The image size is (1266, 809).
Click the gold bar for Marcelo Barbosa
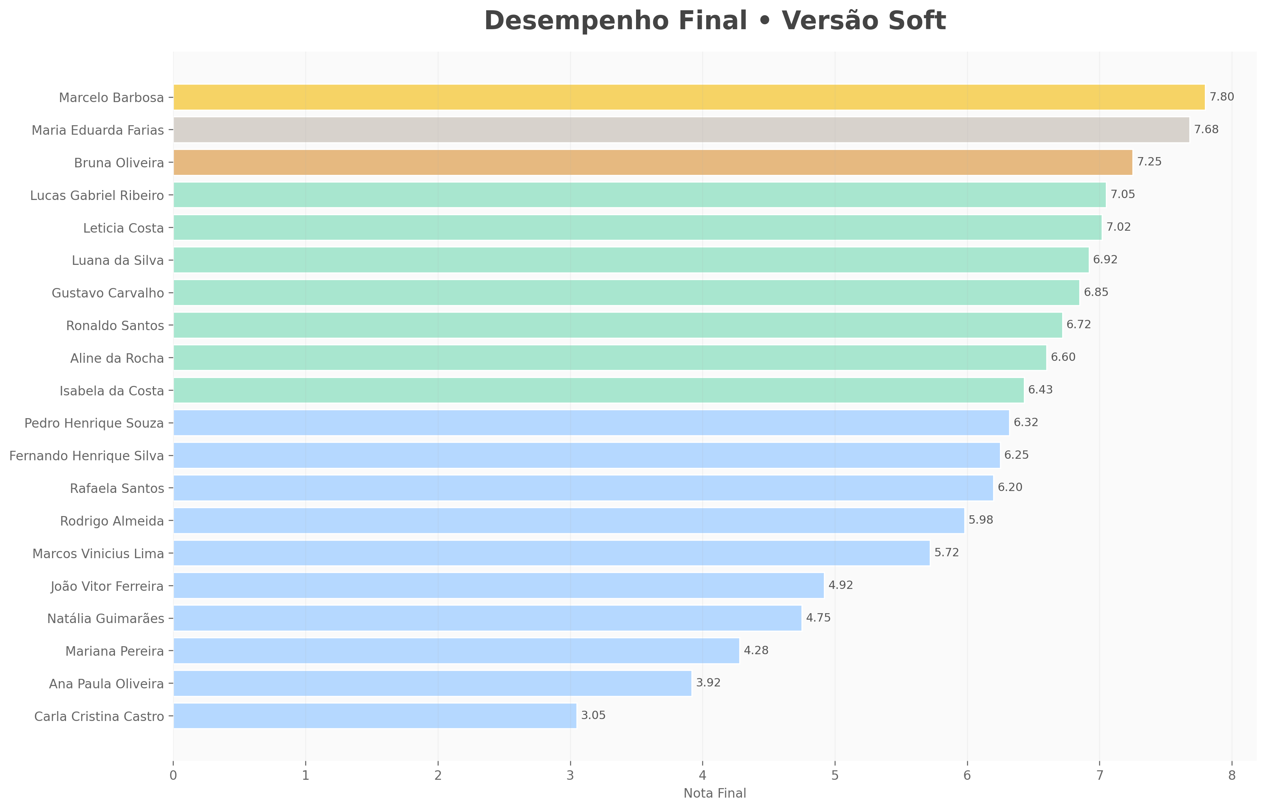pyautogui.click(x=689, y=97)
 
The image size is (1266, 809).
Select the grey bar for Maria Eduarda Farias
pyautogui.click(x=681, y=130)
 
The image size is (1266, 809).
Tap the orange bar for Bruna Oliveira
pyautogui.click(x=652, y=162)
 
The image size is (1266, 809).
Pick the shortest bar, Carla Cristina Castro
pyautogui.click(x=375, y=716)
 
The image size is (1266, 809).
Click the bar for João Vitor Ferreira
pyautogui.click(x=498, y=586)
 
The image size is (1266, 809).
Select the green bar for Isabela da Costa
pyautogui.click(x=598, y=390)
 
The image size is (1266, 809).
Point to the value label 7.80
pyautogui.click(x=1221, y=97)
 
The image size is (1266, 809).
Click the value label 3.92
pyautogui.click(x=708, y=683)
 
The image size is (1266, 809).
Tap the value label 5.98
pyautogui.click(x=981, y=520)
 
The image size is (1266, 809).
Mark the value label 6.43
pyautogui.click(x=1041, y=390)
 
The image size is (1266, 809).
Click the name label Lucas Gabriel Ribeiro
pyautogui.click(x=97, y=195)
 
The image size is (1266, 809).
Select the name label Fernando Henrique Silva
pyautogui.click(x=87, y=456)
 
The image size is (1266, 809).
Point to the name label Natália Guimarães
pyautogui.click(x=106, y=619)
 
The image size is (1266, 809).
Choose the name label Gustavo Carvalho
pyautogui.click(x=108, y=293)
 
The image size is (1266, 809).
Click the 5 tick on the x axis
pyautogui.click(x=835, y=776)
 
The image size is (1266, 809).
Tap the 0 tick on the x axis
pyautogui.click(x=173, y=776)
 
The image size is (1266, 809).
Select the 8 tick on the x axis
pyautogui.click(x=1232, y=776)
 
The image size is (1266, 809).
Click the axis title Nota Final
pyautogui.click(x=715, y=793)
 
